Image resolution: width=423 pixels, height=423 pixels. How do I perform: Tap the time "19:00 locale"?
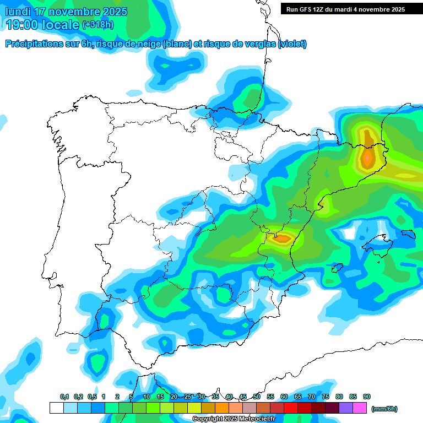click(43, 25)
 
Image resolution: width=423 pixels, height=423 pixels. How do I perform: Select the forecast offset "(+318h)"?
click(97, 25)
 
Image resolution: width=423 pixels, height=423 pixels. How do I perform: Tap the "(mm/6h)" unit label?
click(384, 409)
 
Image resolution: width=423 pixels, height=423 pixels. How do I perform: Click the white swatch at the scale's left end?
click(56, 408)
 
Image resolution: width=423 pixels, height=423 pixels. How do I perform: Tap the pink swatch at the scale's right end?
click(360, 408)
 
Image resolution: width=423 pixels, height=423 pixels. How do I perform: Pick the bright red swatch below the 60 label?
click(290, 408)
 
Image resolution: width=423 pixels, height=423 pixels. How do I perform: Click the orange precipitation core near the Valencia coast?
click(283, 238)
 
